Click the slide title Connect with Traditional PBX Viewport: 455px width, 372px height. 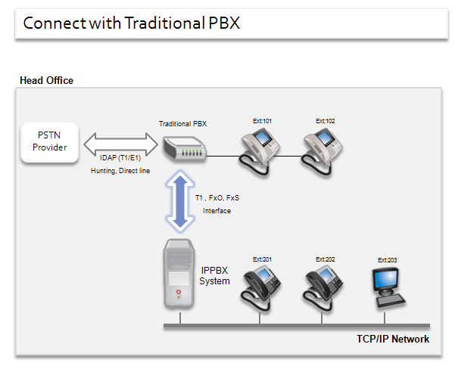[131, 23]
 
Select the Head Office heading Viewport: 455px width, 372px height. [46, 80]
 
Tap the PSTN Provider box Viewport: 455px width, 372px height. [49, 141]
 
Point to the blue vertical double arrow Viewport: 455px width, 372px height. [179, 201]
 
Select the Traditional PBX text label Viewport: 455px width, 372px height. [183, 122]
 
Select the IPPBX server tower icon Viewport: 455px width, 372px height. [179, 274]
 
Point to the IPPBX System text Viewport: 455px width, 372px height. [214, 275]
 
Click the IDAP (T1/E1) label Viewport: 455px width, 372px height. [119, 159]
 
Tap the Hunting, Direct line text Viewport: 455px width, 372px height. [119, 172]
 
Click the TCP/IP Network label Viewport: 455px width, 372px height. [393, 339]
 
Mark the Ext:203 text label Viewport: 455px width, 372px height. [387, 260]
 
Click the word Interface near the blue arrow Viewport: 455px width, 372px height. [217, 211]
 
